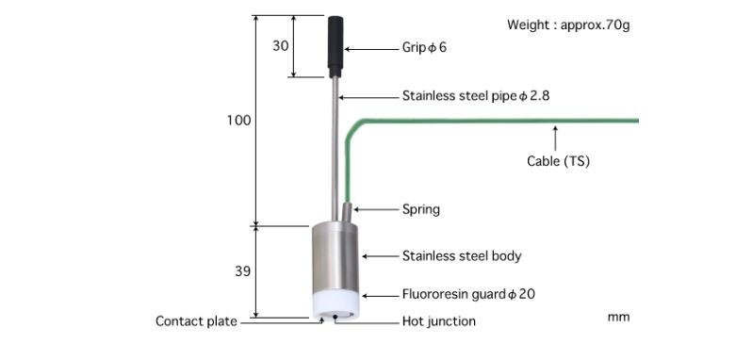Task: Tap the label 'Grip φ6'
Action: tap(424, 47)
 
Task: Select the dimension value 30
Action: tap(281, 45)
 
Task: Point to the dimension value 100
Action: tap(238, 121)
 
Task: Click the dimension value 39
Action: tap(242, 271)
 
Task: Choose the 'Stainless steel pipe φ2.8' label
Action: tap(475, 96)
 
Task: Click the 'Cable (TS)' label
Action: tap(558, 161)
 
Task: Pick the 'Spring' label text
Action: tap(420, 209)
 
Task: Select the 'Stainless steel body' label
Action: tap(461, 255)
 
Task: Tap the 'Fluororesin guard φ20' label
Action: tap(468, 294)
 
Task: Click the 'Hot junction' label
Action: tap(438, 321)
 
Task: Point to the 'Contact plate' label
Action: tap(196, 321)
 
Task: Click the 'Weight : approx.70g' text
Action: tap(568, 25)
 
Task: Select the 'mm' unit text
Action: tap(618, 318)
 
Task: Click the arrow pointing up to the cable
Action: tap(556, 138)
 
